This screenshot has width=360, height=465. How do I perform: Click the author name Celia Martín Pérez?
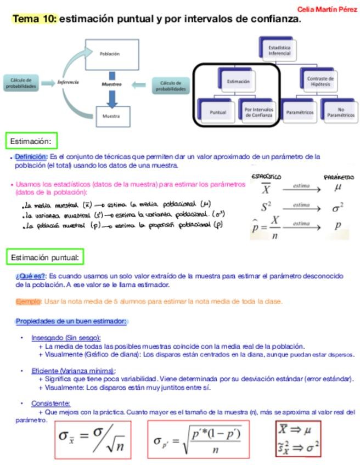tap(327, 9)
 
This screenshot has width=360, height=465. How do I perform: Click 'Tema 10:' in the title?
tap(34, 19)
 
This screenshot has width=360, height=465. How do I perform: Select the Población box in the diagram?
tap(109, 54)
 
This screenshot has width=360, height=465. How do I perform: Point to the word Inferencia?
tap(69, 82)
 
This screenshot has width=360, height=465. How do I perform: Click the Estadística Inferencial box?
tap(279, 50)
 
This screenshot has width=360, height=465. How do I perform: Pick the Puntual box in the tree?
tap(218, 112)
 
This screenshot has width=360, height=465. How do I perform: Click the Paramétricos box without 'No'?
tap(300, 112)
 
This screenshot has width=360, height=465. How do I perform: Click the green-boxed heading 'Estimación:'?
tap(31, 141)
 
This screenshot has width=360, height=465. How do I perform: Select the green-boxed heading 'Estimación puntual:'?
tap(45, 257)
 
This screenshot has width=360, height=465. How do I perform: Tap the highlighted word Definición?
tap(31, 157)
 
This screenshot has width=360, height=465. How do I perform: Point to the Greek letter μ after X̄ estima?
tap(338, 188)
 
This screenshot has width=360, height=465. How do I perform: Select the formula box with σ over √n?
tap(93, 439)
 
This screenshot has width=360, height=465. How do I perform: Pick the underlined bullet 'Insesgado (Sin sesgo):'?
tap(66, 338)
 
